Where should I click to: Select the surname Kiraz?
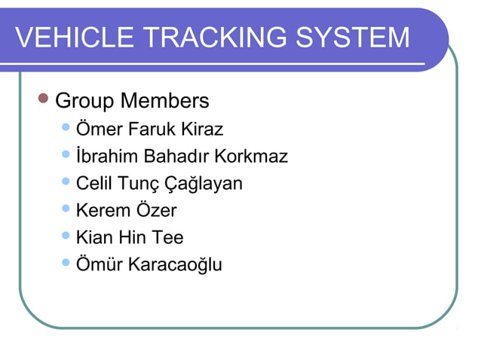(x=203, y=130)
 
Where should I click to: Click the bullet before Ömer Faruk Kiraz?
(x=66, y=128)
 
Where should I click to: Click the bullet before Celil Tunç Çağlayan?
(x=66, y=182)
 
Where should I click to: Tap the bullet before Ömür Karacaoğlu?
(x=66, y=264)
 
